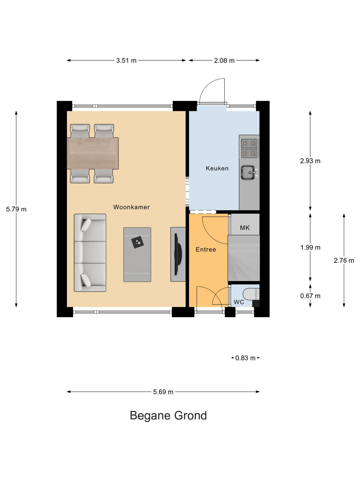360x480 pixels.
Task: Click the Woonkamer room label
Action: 131,207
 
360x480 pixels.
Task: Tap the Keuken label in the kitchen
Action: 217,168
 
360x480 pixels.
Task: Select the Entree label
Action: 206,249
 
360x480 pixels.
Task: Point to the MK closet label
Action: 244,228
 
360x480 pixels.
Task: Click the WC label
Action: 239,302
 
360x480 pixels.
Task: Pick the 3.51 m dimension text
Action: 126,61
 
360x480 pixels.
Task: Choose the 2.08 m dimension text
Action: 224,61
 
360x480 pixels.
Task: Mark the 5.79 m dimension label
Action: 16,209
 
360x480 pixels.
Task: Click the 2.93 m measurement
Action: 310,161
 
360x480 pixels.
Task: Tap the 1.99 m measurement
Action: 310,247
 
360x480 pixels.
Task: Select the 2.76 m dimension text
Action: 343,260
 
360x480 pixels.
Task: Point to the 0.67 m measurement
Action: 310,296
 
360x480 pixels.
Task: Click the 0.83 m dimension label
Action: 245,358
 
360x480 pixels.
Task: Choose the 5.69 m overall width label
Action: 163,392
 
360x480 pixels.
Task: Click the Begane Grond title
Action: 168,416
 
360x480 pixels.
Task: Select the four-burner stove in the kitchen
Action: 249,148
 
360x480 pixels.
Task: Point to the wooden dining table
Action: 93,153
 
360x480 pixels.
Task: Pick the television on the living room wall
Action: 178,254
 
